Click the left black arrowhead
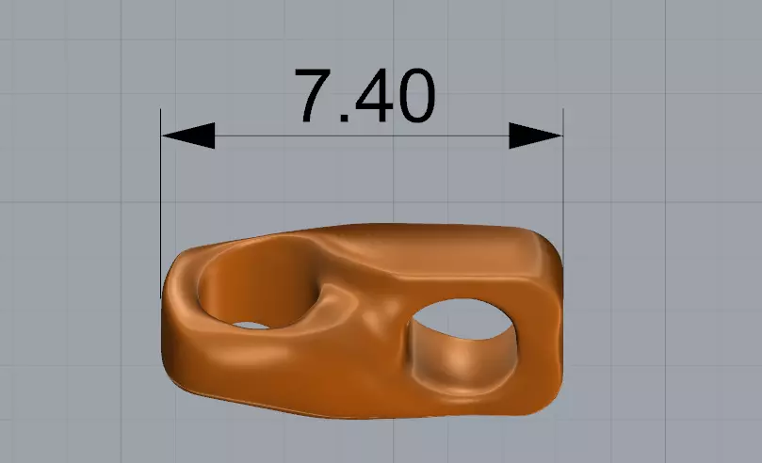click(x=187, y=136)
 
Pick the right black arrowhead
click(x=536, y=136)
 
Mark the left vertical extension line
click(x=161, y=188)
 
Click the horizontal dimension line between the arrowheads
click(x=363, y=136)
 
